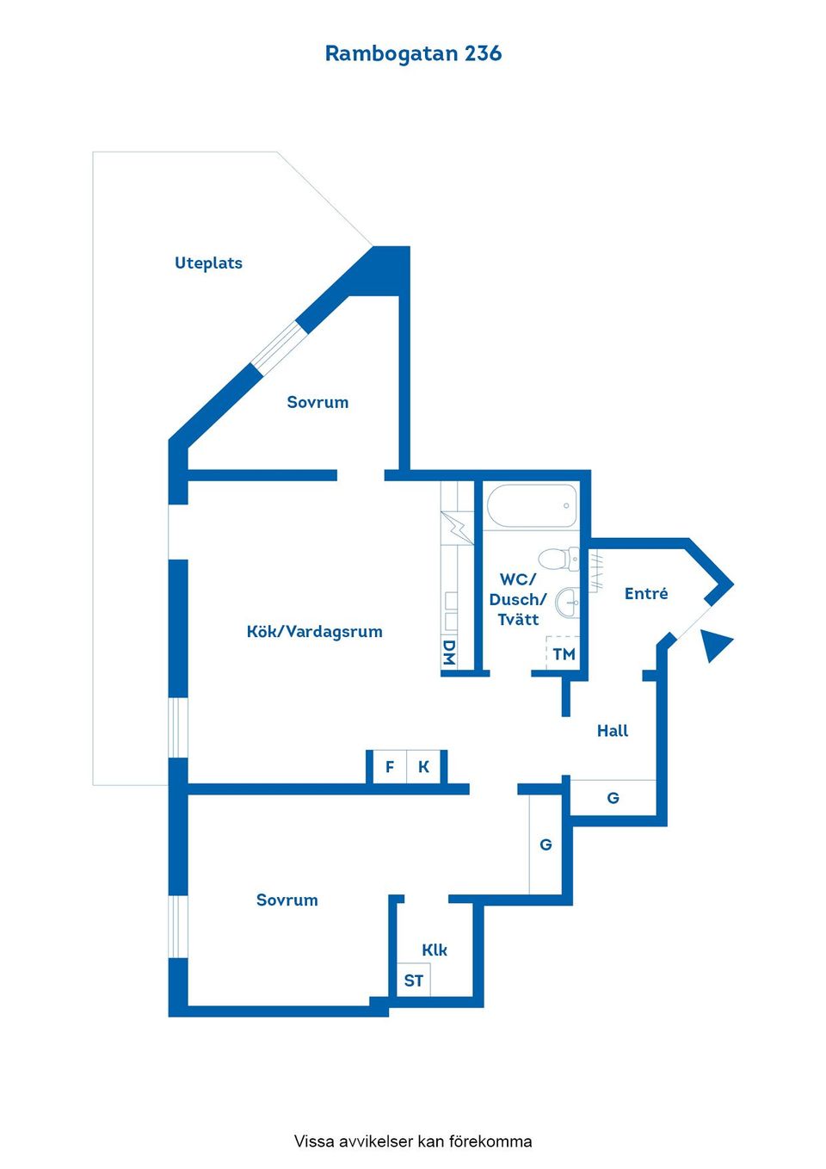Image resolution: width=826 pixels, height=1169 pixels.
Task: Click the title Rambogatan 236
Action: click(x=413, y=53)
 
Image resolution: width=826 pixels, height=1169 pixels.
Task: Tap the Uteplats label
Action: click(x=208, y=263)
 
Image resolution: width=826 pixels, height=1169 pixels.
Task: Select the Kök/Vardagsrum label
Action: click(x=314, y=632)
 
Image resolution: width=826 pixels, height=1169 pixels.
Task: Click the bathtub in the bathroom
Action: click(x=532, y=505)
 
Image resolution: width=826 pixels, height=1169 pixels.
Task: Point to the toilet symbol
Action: click(x=558, y=559)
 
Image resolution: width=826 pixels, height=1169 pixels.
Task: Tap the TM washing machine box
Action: click(x=564, y=653)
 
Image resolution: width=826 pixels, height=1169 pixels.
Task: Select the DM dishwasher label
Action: click(x=448, y=653)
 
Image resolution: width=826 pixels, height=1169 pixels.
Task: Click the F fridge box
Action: click(x=390, y=767)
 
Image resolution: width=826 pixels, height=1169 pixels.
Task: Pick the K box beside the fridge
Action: click(x=424, y=767)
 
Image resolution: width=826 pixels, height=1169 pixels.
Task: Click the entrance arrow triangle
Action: click(x=717, y=645)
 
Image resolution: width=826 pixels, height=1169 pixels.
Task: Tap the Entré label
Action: click(x=646, y=593)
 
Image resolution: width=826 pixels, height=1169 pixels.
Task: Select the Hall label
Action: click(x=613, y=731)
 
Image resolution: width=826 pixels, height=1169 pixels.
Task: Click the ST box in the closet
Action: click(x=414, y=980)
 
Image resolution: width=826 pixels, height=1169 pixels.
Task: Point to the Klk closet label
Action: click(x=435, y=949)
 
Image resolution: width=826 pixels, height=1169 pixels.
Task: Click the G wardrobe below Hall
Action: click(x=613, y=797)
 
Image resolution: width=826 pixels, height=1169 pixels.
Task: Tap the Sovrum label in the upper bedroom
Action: click(x=317, y=402)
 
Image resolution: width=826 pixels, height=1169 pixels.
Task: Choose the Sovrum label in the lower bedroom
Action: click(x=287, y=900)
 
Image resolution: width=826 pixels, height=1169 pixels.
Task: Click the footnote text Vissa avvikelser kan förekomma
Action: click(x=413, y=1141)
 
